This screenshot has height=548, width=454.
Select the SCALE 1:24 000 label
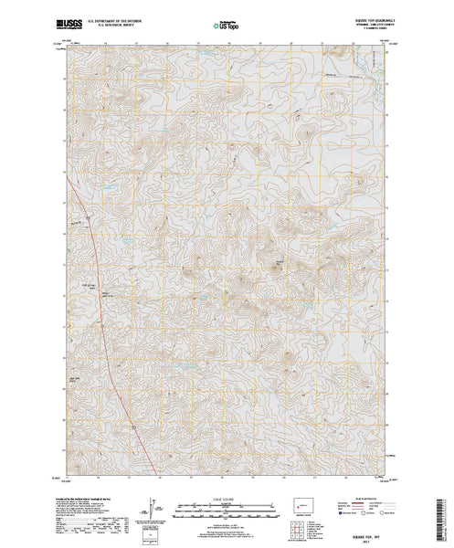[x=228, y=498]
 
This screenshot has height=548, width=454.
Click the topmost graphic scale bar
[x=228, y=503]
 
